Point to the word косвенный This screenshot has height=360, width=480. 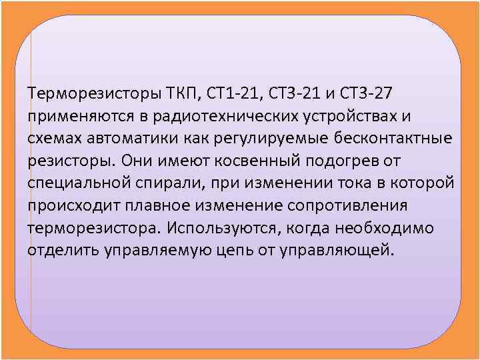click(x=257, y=161)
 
